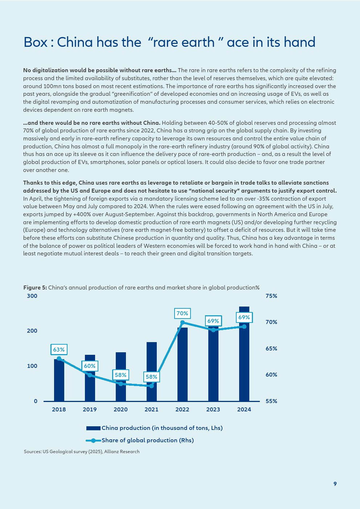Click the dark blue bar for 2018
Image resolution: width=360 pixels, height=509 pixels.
coord(59,380)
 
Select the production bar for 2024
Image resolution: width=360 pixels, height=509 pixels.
coord(244,354)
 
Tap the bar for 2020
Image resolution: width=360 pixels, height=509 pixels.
coord(121,377)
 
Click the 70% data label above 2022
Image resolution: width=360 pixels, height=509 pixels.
coord(182,313)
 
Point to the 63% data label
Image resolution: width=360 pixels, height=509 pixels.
coord(59,349)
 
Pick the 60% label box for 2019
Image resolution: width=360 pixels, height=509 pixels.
coord(90,366)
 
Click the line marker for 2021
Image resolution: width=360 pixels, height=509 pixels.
coord(152,386)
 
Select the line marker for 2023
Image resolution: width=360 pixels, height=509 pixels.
coord(213,330)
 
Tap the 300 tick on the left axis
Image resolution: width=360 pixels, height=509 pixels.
coord(32,296)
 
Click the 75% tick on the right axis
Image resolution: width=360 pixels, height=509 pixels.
coord(271,296)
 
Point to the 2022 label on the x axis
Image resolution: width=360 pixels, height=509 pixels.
coord(182,410)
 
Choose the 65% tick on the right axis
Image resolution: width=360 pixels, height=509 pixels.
coord(271,348)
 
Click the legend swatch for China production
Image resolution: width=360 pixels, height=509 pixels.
coord(93,428)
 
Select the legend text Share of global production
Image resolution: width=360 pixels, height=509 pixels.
coord(148,440)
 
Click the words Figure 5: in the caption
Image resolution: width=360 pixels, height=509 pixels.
coord(35,288)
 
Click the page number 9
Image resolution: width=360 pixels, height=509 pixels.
coord(335,484)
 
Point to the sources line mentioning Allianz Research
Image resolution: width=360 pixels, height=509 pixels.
coord(82,452)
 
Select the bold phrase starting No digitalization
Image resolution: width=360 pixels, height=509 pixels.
coord(100,70)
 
